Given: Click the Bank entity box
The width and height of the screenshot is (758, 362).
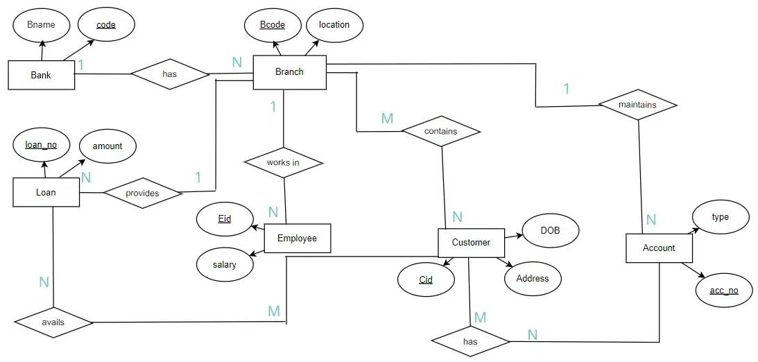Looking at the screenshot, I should [41, 75].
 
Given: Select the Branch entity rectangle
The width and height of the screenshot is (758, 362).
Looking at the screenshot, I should [289, 72].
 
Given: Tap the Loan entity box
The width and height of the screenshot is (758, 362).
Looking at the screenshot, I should [46, 192].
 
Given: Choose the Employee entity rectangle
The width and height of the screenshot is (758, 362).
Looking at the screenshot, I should [297, 239].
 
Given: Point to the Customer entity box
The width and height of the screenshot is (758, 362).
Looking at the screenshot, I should [471, 243].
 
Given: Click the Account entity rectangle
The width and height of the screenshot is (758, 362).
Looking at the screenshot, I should [658, 248].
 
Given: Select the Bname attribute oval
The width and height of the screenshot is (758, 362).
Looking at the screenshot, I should [41, 25].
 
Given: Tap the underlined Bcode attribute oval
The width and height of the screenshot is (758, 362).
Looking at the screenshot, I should [273, 25].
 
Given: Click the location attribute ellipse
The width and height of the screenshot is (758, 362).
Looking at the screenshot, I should [334, 25].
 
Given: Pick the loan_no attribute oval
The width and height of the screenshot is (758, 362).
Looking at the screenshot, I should [41, 146].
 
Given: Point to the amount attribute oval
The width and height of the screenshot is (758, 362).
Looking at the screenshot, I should [107, 146].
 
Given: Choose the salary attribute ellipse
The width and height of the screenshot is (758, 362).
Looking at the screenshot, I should [224, 264].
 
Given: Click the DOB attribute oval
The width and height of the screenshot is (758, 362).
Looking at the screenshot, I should [550, 230].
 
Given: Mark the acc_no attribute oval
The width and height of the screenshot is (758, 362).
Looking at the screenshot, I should [723, 291].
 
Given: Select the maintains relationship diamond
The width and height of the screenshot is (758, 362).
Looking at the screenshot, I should [637, 105].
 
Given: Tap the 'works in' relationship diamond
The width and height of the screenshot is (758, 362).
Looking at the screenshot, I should [283, 163].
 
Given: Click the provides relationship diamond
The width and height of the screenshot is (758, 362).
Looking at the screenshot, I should [141, 193].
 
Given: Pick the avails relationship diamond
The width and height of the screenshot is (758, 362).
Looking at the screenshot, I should [53, 322].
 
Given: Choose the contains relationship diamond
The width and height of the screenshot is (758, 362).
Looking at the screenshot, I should [440, 131].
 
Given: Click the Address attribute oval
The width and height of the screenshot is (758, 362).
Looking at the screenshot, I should [532, 279].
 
